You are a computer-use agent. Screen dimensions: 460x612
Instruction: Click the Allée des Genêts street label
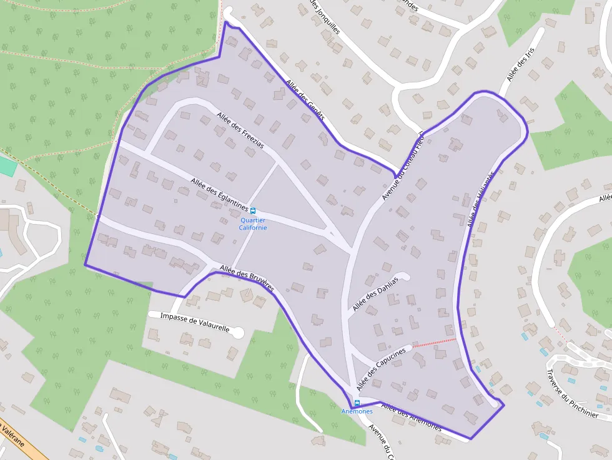(x=305, y=99)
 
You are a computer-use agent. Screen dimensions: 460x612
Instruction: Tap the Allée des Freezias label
(x=240, y=129)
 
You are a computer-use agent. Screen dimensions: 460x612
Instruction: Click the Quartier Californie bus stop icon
(x=253, y=210)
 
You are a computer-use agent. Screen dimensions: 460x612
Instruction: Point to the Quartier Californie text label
(x=253, y=223)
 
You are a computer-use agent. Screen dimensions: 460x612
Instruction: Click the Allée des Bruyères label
(x=247, y=278)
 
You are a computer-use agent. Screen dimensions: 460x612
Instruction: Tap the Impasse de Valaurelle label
(x=195, y=322)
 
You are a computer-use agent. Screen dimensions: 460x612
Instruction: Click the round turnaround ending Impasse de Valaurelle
(x=238, y=333)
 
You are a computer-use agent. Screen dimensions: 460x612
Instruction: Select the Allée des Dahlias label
(x=375, y=293)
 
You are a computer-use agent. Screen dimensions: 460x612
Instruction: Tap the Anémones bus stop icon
(x=357, y=403)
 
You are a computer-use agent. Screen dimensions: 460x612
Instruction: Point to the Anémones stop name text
(x=357, y=411)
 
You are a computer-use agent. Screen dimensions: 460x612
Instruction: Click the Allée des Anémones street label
(x=411, y=418)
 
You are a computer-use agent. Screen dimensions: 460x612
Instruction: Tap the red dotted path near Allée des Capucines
(x=434, y=342)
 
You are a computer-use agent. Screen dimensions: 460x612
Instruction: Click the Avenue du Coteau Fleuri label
(x=403, y=167)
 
